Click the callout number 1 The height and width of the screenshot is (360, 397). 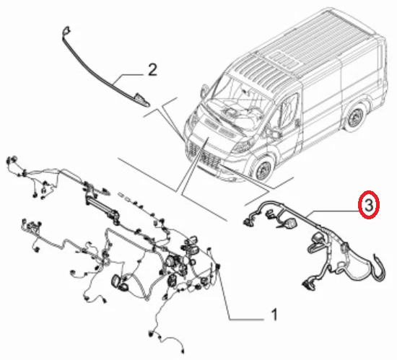coord(274,315)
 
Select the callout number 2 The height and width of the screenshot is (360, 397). coord(152,70)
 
